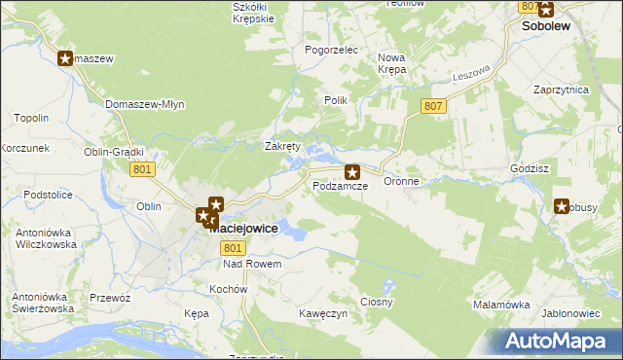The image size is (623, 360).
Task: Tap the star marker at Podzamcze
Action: click(352, 171)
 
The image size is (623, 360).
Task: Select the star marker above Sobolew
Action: click(545, 10)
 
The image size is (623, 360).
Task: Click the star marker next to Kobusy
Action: click(563, 205)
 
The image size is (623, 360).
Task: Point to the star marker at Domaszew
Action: click(66, 58)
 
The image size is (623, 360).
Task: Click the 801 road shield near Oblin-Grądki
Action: click(142, 169)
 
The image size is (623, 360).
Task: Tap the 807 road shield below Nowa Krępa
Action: click(434, 105)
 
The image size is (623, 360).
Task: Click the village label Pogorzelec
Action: click(332, 50)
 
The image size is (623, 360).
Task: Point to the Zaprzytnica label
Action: click(561, 89)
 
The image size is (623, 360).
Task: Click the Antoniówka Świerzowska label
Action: click(38, 303)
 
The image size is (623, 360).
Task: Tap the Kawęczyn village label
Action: click(324, 313)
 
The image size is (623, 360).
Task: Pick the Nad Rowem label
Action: click(252, 264)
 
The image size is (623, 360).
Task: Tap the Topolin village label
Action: click(32, 118)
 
